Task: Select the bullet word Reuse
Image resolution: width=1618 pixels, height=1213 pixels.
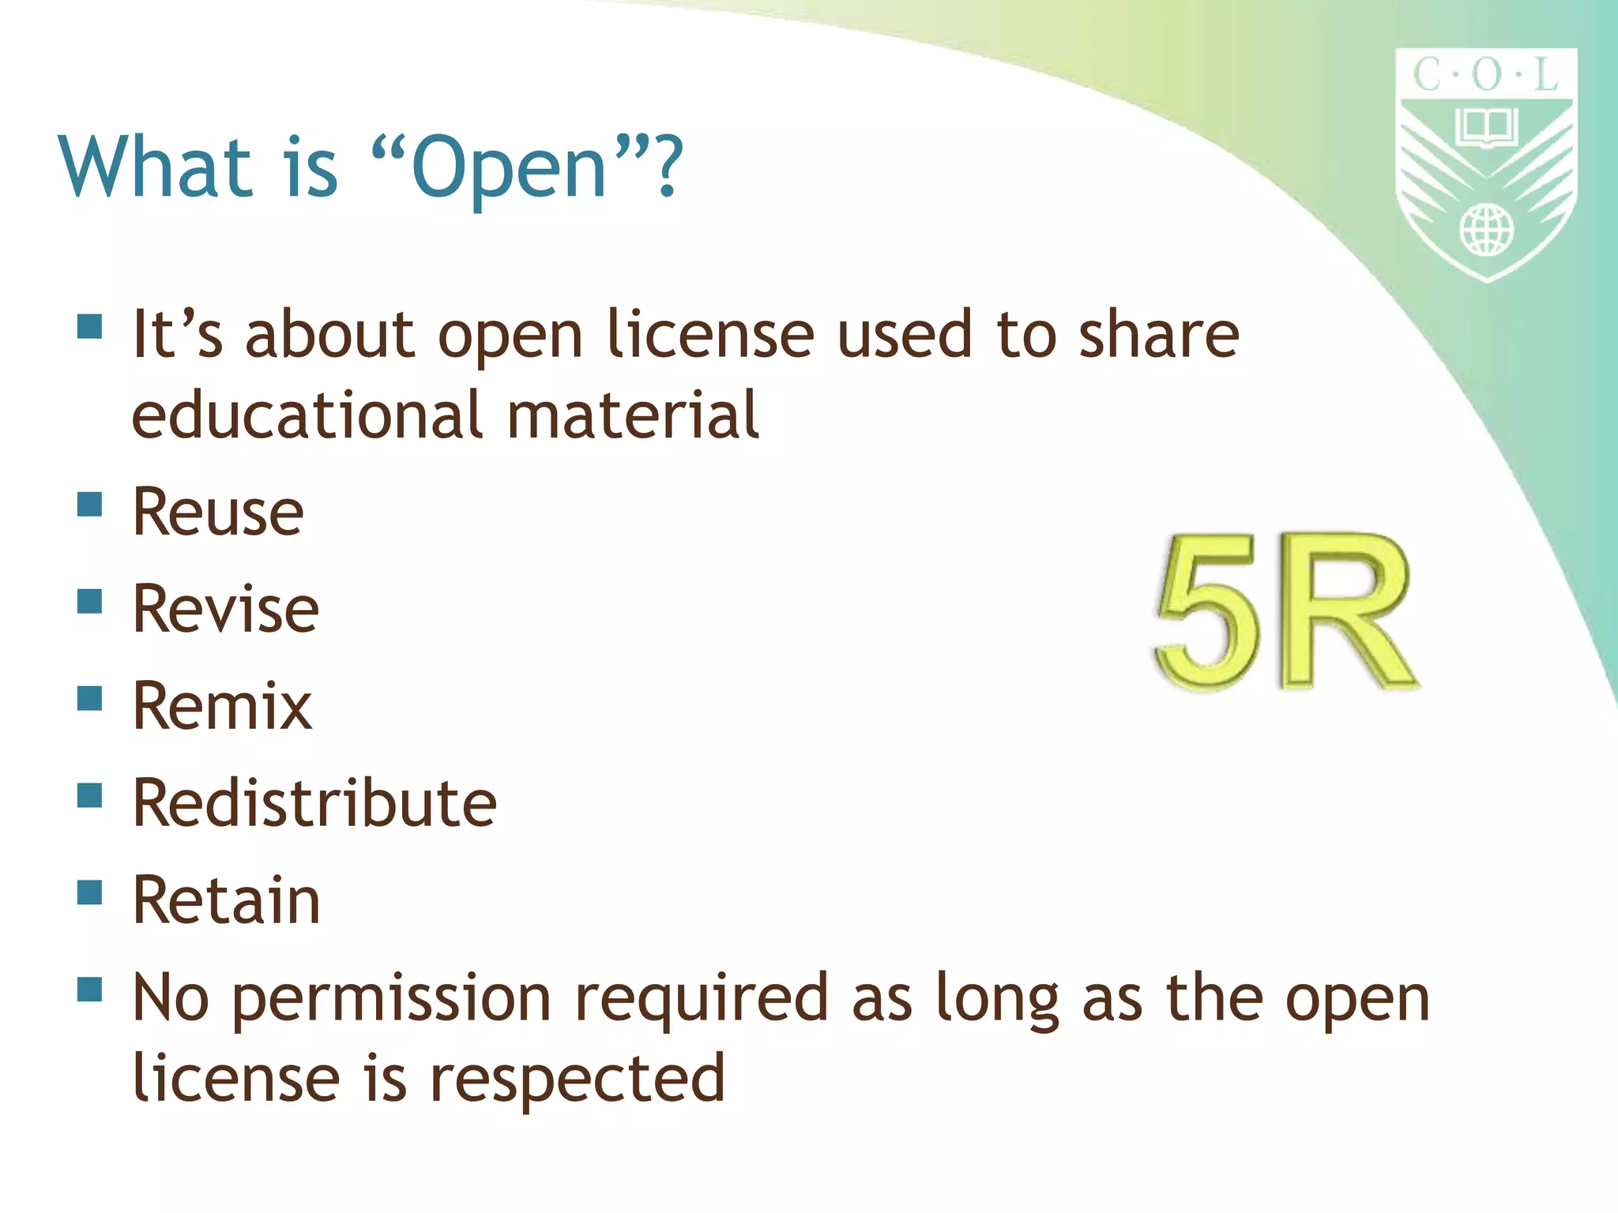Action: coord(218,512)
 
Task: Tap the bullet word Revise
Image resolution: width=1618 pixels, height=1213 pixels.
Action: coord(226,609)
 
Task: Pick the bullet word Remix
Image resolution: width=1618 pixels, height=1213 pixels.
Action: coord(222,706)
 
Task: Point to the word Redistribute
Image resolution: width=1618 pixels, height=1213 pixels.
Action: coord(314,803)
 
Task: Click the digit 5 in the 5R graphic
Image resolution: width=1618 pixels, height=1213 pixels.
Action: coord(1206,612)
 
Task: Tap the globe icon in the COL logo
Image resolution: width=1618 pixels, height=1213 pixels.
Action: coord(1486,230)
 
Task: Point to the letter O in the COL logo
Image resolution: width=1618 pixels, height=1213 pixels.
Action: coord(1486,76)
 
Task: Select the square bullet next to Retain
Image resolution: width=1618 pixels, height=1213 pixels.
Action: coord(90,892)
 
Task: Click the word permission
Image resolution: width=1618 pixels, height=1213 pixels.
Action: coord(392,1000)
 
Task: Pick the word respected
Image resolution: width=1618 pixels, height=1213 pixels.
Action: coord(578,1079)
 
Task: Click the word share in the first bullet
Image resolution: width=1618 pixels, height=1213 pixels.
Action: coord(1159,335)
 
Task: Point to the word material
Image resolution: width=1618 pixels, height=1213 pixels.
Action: coord(632,415)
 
